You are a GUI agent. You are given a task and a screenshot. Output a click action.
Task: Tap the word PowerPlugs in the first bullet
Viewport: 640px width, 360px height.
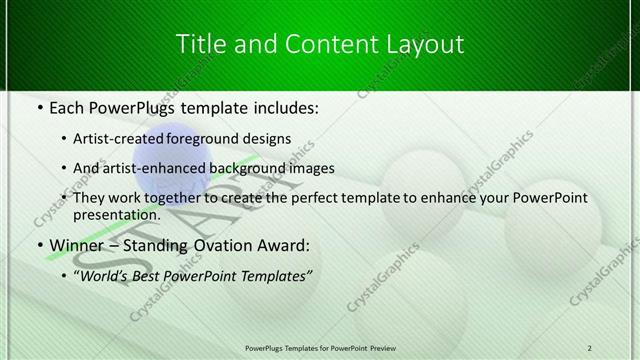(x=133, y=105)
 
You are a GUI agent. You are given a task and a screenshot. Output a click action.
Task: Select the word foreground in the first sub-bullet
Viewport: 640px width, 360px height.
(x=220, y=138)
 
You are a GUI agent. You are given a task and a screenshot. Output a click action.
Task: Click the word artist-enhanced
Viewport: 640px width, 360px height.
(x=165, y=168)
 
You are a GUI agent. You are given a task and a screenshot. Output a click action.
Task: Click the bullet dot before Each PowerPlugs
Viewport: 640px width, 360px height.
(x=38, y=105)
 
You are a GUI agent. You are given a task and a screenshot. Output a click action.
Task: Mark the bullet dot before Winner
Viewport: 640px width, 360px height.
(x=38, y=245)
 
